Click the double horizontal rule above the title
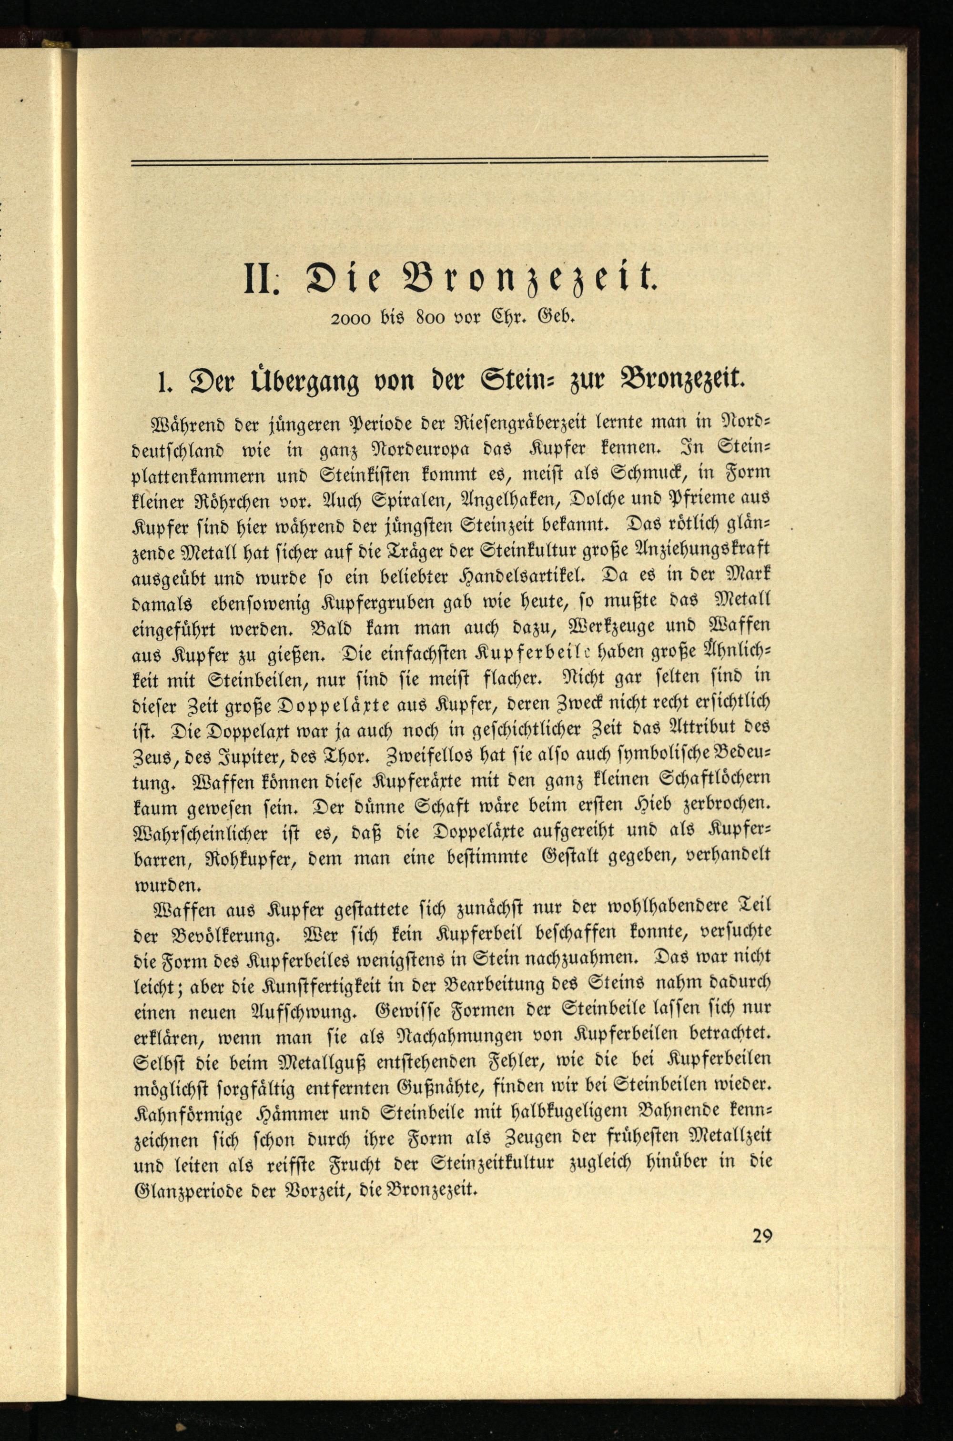[x=449, y=161]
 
